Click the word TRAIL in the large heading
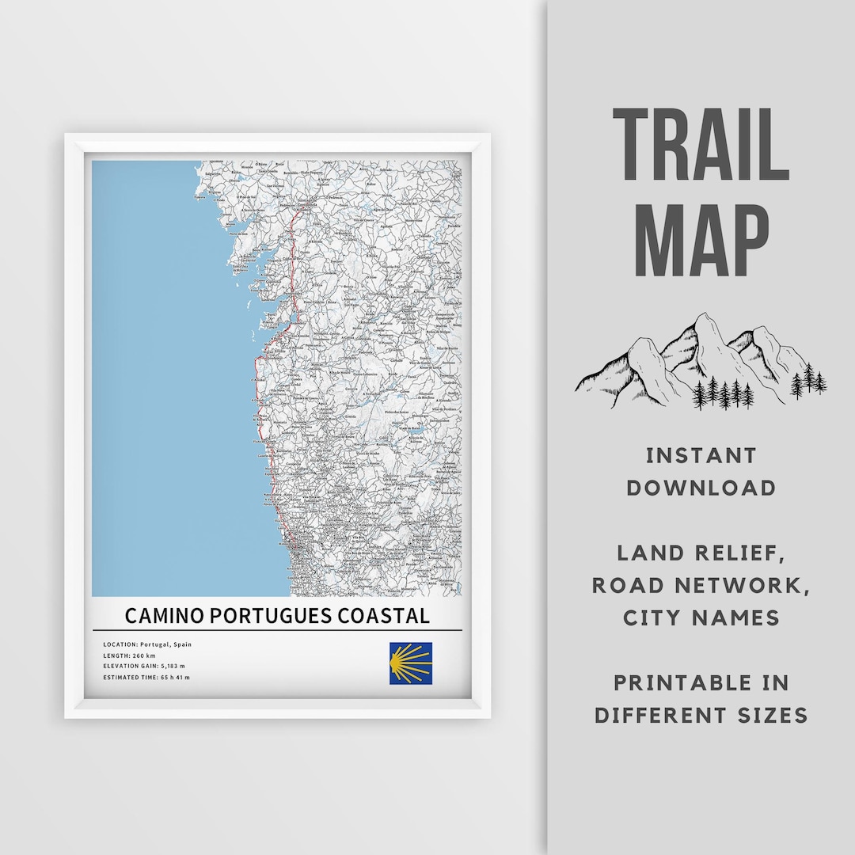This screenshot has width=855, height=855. (x=701, y=146)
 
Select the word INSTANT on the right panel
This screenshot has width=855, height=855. (x=701, y=456)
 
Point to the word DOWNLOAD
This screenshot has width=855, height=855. (x=701, y=488)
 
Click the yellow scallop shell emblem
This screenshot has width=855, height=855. (x=410, y=663)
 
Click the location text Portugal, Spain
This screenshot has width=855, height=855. (x=164, y=644)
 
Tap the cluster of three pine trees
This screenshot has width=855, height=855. (x=808, y=381)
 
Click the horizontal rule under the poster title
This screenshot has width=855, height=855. (x=276, y=630)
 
